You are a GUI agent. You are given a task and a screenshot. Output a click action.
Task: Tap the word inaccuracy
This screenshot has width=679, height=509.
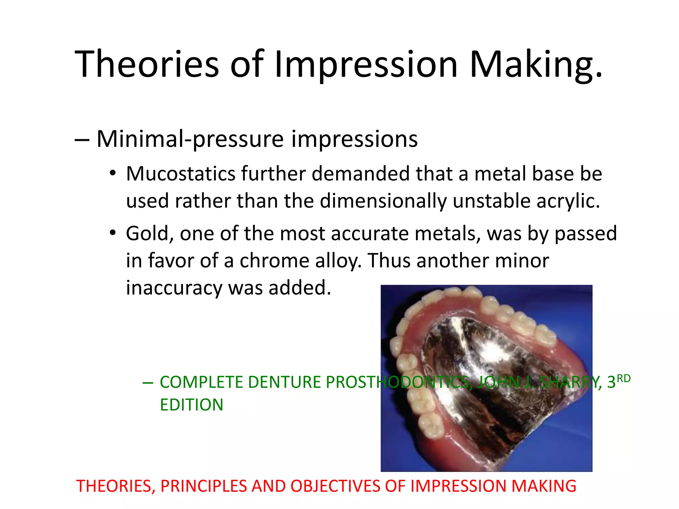point(174,288)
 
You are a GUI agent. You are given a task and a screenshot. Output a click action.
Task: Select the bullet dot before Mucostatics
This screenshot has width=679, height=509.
point(113,173)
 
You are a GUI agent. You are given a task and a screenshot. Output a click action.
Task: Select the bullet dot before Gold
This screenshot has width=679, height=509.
point(113,233)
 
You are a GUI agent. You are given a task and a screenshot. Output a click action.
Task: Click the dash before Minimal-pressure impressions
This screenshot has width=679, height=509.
point(82,140)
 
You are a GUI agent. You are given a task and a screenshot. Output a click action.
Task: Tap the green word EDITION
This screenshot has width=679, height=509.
point(192,405)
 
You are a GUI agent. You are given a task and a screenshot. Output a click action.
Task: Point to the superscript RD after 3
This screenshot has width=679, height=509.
point(623,378)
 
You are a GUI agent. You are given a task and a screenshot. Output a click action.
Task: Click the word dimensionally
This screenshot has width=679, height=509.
point(383,201)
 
